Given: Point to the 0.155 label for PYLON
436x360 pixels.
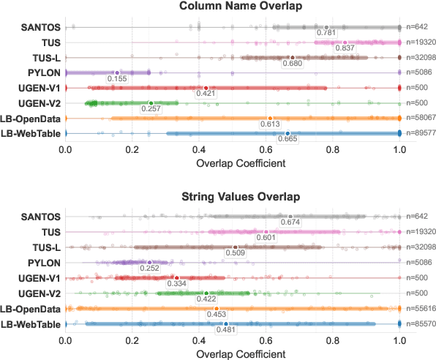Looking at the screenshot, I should (x=118, y=78).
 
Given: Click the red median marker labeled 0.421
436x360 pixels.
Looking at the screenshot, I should (x=206, y=88).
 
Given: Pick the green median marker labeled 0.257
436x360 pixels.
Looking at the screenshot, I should (x=151, y=103).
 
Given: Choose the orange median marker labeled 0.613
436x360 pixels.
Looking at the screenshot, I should (x=270, y=119).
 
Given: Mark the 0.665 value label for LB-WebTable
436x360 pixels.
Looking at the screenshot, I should (x=287, y=139).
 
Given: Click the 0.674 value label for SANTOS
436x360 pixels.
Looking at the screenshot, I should (x=290, y=222).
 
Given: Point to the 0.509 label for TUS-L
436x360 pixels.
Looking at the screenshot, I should (x=235, y=253).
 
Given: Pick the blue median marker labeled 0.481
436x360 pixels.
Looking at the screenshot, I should (x=226, y=323).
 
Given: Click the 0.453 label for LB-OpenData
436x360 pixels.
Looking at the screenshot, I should (x=217, y=315).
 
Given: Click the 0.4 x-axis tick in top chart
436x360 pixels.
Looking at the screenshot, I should (x=199, y=149).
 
